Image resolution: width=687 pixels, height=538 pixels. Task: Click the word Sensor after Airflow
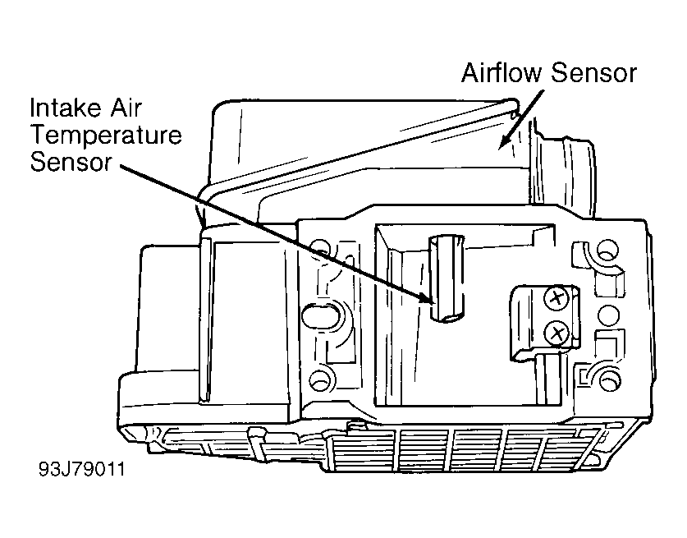(x=593, y=73)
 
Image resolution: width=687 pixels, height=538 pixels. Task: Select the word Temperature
(x=106, y=135)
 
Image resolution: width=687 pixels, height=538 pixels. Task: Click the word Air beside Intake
(x=126, y=108)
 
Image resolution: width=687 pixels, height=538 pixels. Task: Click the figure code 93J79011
(x=81, y=469)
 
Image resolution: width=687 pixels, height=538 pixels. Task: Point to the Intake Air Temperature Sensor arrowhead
(x=426, y=298)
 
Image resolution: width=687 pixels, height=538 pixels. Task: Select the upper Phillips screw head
(x=556, y=299)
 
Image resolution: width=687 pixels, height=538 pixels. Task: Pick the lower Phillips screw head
(x=556, y=334)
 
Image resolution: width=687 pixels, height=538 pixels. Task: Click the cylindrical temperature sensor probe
(x=447, y=278)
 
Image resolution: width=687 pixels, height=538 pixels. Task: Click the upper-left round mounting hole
(x=321, y=248)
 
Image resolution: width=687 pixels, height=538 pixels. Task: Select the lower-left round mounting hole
(x=321, y=378)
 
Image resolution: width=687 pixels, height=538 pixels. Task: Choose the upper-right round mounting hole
(x=608, y=251)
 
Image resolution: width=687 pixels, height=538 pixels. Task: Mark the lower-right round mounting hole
(x=608, y=379)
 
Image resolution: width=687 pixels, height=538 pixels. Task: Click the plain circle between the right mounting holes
(x=608, y=315)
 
